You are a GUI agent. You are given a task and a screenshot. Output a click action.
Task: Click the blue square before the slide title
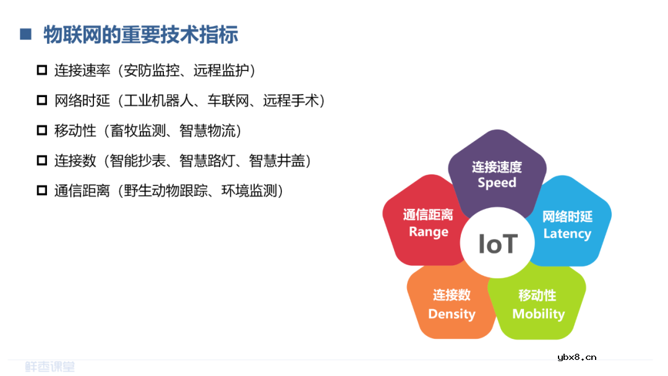tap(25, 34)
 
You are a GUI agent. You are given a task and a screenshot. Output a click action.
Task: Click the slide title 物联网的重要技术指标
tap(140, 35)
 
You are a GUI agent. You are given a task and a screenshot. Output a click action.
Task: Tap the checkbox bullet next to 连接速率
tap(42, 70)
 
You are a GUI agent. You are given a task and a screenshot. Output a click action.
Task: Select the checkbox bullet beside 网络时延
tap(42, 100)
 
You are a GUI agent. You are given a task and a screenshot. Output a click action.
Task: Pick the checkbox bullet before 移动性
tap(42, 130)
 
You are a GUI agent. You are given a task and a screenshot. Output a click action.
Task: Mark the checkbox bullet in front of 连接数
tap(42, 161)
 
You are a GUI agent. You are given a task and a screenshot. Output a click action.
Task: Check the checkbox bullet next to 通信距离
tap(42, 191)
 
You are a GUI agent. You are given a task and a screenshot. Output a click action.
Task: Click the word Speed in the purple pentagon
tap(497, 182)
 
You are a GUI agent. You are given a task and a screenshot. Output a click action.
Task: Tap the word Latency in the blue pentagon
tap(567, 234)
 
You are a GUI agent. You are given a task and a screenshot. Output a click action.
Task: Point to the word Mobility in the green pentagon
tap(538, 314)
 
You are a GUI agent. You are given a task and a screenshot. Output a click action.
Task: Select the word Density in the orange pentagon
tap(452, 314)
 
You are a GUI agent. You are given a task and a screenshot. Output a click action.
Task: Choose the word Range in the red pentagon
tap(428, 232)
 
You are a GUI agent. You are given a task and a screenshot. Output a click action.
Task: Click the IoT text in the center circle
tap(497, 244)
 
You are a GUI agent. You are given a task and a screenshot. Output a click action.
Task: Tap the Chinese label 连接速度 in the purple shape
tap(497, 166)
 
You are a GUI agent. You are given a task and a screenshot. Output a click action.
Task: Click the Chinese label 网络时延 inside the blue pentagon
tap(567, 216)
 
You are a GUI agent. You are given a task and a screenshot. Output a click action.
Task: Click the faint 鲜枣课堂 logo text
tap(49, 367)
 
